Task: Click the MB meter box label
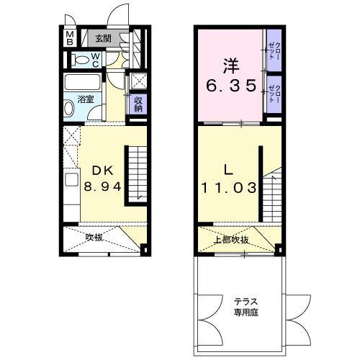(70, 37)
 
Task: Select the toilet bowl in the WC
(81, 60)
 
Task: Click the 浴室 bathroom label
(86, 99)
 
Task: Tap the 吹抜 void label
(95, 236)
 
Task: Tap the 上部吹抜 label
(233, 240)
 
